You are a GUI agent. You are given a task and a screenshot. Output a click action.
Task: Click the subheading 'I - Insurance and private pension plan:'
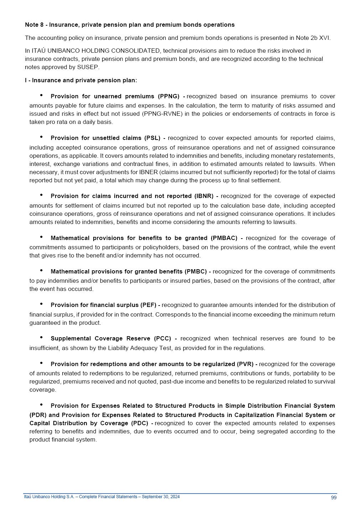click(x=81, y=80)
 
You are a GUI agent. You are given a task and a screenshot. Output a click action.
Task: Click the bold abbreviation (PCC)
click(x=162, y=338)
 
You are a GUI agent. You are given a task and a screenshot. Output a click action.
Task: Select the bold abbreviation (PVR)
click(x=245, y=364)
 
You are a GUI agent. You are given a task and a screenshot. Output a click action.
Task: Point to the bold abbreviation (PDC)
click(x=141, y=423)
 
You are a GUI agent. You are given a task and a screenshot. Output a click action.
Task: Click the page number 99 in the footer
click(x=334, y=497)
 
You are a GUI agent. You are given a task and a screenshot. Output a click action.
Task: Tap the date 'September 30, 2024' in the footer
click(x=161, y=497)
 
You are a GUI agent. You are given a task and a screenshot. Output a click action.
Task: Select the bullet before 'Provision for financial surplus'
click(x=41, y=304)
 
